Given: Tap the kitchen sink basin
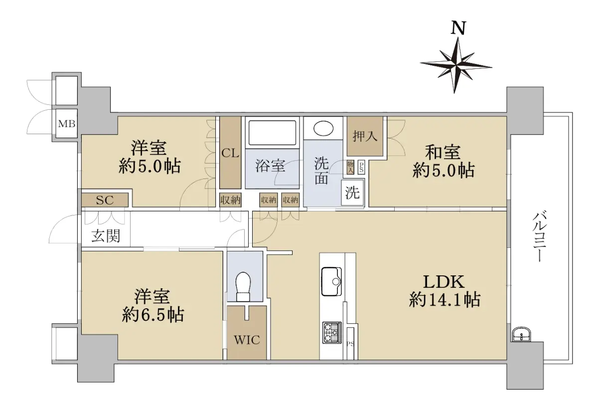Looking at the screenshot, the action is [331, 281].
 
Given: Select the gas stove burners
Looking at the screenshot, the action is [332, 333].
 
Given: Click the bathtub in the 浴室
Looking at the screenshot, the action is [272, 133].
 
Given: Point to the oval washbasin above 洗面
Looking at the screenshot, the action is [323, 129].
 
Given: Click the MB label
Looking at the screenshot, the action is [67, 124].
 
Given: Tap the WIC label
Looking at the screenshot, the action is [247, 340].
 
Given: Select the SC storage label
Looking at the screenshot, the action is [105, 200].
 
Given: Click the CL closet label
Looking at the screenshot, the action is [230, 154].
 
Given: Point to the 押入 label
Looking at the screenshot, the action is [365, 136].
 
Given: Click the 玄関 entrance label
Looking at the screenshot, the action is [106, 236].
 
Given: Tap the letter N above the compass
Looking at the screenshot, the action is [458, 28].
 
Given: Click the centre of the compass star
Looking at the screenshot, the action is [455, 65].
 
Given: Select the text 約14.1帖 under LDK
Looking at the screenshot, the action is [445, 300].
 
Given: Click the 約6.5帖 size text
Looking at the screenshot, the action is [153, 315].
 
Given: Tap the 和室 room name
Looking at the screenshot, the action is [443, 152].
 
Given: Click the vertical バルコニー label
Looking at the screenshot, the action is [540, 236].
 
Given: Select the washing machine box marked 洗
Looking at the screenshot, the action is [352, 193].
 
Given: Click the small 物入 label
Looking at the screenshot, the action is [350, 167].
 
